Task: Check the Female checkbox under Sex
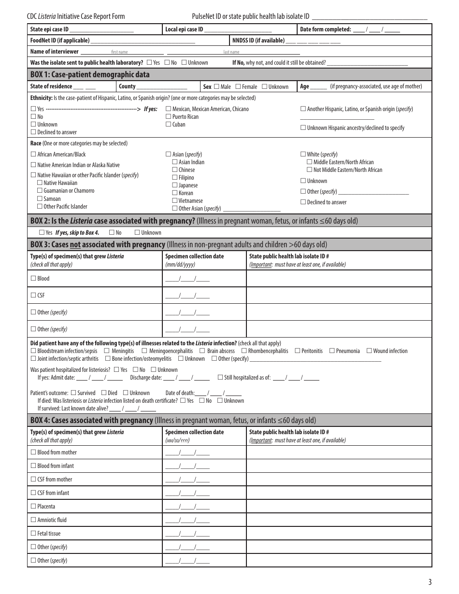238,87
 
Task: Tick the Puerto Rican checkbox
169,117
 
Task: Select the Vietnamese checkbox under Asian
175,201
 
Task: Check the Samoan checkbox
40,199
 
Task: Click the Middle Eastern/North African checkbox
310,162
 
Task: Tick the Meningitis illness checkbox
108,351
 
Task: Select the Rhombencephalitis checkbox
244,351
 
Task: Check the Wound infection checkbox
370,351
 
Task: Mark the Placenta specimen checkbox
33,507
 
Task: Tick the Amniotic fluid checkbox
33,520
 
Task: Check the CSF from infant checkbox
33,493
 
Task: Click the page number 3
430,582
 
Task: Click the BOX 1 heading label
90,74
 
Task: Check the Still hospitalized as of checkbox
220,378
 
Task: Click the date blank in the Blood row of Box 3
187,279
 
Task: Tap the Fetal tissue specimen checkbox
33,534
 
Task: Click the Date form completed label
325,29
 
